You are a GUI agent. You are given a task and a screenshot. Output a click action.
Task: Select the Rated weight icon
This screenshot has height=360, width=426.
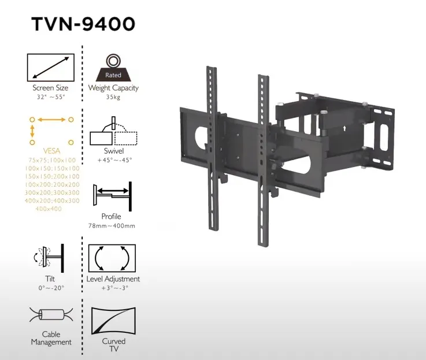tap(113, 68)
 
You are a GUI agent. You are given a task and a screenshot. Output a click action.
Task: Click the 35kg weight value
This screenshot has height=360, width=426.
tap(113, 98)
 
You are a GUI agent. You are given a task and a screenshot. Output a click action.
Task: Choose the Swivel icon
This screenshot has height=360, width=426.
tap(113, 132)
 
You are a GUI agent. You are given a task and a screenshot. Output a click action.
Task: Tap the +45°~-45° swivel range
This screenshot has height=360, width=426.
tap(114, 159)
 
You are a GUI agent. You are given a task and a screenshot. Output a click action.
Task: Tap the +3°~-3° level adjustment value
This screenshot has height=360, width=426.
tap(113, 288)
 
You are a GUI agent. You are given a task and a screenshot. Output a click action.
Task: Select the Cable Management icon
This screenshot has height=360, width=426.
tap(51, 317)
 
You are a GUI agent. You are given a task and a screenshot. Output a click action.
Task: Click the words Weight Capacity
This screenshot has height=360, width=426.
tap(113, 88)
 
